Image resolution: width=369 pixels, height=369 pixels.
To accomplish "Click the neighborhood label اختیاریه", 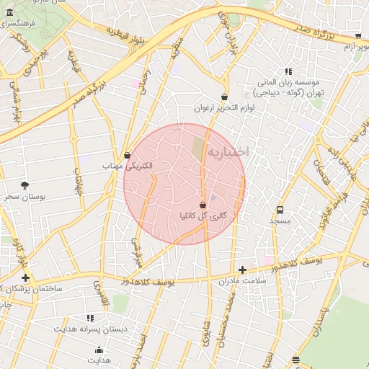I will pyautogui.click(x=228, y=152).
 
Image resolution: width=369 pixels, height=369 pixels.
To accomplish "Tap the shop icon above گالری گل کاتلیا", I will pyautogui.click(x=203, y=205).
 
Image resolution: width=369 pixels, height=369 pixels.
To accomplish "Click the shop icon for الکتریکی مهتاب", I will pyautogui.click(x=128, y=155).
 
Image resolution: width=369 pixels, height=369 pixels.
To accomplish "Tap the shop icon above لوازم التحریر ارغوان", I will pyautogui.click(x=224, y=97).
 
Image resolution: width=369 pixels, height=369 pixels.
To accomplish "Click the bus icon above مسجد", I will pyautogui.click(x=279, y=210).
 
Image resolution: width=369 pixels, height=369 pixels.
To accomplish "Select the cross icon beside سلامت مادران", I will pyautogui.click(x=242, y=270).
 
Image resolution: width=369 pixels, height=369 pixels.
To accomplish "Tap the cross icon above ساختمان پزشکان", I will pyautogui.click(x=26, y=277).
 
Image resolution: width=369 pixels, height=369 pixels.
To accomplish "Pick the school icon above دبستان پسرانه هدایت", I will pyautogui.click(x=90, y=317).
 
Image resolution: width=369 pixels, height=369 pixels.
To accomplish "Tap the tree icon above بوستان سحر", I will pyautogui.click(x=25, y=185).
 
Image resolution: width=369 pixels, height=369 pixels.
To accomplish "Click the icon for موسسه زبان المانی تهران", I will pyautogui.click(x=289, y=71).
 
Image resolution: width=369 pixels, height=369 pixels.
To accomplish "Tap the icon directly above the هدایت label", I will pyautogui.click(x=99, y=350).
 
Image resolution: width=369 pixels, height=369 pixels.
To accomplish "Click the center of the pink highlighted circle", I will pyautogui.click(x=184, y=184).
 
